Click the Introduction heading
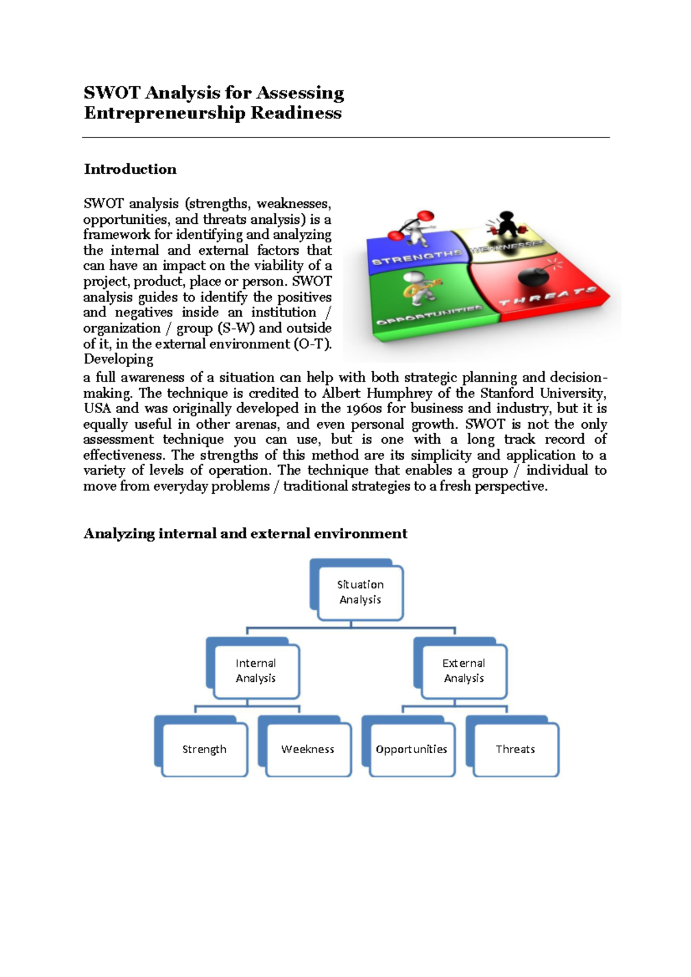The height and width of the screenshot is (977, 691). [130, 169]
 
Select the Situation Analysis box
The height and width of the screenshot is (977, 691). [360, 592]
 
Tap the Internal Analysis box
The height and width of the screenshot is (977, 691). [256, 671]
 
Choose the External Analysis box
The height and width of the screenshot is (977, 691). [464, 671]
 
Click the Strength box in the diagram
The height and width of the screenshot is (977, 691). [204, 749]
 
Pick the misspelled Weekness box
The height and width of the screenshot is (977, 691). [308, 749]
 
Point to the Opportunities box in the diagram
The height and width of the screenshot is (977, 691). [412, 749]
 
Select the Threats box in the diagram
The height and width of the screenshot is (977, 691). [515, 749]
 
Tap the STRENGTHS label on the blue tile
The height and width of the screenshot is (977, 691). [417, 257]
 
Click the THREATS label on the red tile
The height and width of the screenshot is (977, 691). [547, 297]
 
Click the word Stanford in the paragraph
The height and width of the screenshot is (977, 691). [507, 394]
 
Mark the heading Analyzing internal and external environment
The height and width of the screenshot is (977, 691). [245, 534]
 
